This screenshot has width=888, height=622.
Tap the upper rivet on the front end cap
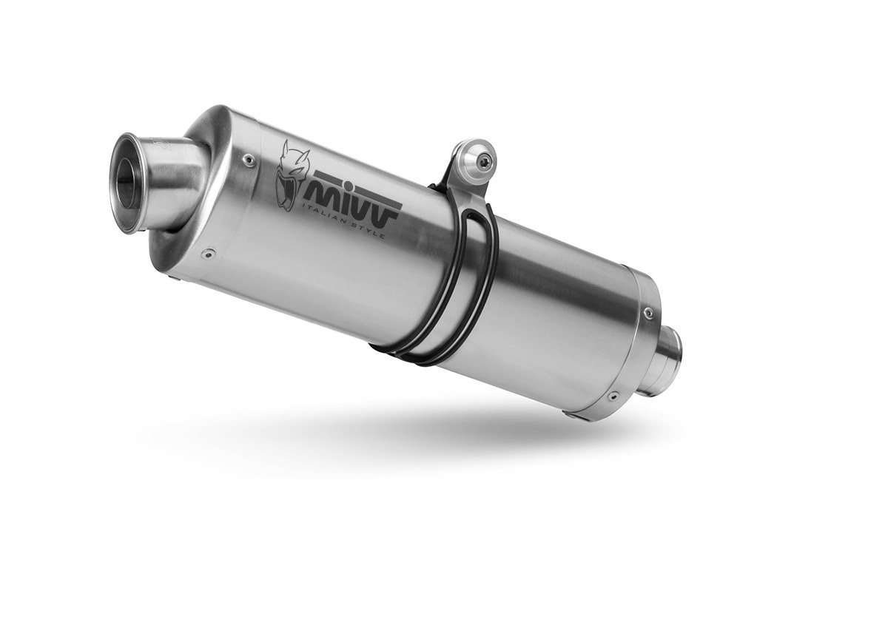point(249,160)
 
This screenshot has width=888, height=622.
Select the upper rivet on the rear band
point(647,313)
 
